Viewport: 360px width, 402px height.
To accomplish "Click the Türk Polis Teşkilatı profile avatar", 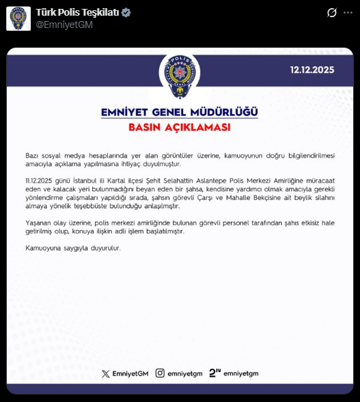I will coord(18,18).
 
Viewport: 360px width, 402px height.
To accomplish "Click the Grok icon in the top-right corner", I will coord(331,13).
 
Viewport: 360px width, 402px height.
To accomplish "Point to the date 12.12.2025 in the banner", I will coord(312,70).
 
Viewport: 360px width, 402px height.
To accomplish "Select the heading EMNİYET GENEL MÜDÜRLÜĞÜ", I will coord(180,113).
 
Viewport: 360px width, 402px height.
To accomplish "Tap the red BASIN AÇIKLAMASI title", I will coord(180,128).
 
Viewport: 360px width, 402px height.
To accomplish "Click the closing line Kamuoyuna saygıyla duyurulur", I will coord(72,248).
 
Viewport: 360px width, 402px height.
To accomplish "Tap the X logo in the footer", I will coord(105,373).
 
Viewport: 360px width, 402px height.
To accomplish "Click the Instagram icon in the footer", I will coord(160,373).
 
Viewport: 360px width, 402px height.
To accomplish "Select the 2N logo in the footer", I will coord(214,373).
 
